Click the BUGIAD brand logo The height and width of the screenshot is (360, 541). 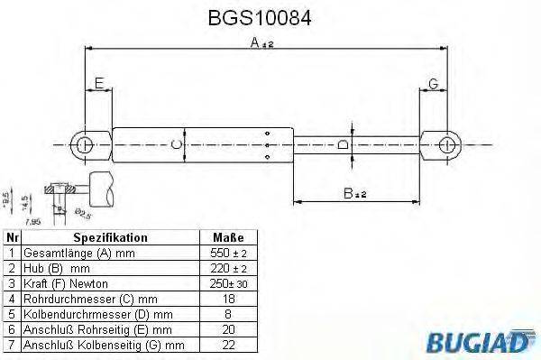coord(490,340)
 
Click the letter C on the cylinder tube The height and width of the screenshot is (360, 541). coord(177,144)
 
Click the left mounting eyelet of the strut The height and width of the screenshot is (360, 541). coord(84,143)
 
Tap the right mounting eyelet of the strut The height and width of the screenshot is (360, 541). coord(446,143)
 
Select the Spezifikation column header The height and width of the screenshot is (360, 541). coord(110,238)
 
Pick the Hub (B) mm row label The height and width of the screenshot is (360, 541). coord(57,269)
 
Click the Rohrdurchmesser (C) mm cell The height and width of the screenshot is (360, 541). coord(89,299)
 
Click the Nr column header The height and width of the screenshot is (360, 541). coord(12,238)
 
